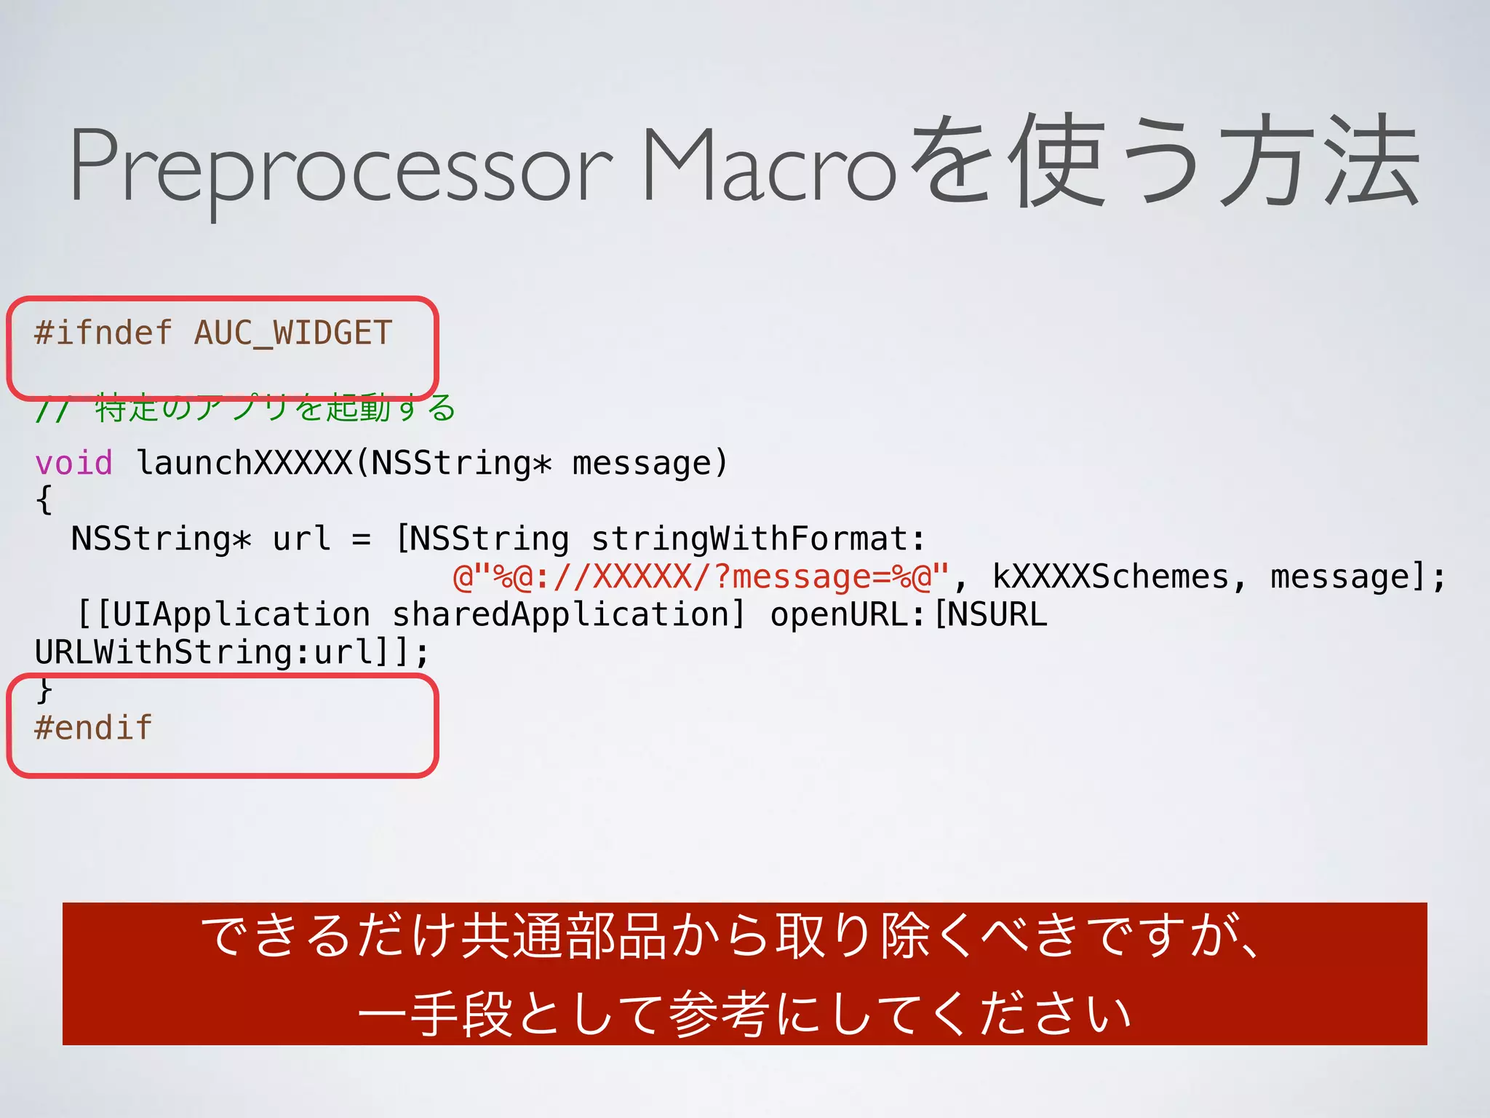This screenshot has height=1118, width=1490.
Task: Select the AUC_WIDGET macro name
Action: [292, 333]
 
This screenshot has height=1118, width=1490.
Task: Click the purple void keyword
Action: [73, 463]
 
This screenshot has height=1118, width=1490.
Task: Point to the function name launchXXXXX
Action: [244, 463]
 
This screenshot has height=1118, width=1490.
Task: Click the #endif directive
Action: [93, 728]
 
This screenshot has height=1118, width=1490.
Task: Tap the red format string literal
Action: [701, 577]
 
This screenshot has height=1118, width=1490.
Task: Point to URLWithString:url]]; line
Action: [232, 653]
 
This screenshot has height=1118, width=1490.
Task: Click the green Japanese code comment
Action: [245, 408]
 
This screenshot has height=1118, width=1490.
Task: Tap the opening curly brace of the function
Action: [44, 501]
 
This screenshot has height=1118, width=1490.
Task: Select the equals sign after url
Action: [362, 539]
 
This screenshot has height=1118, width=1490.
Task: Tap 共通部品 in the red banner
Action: [565, 936]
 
